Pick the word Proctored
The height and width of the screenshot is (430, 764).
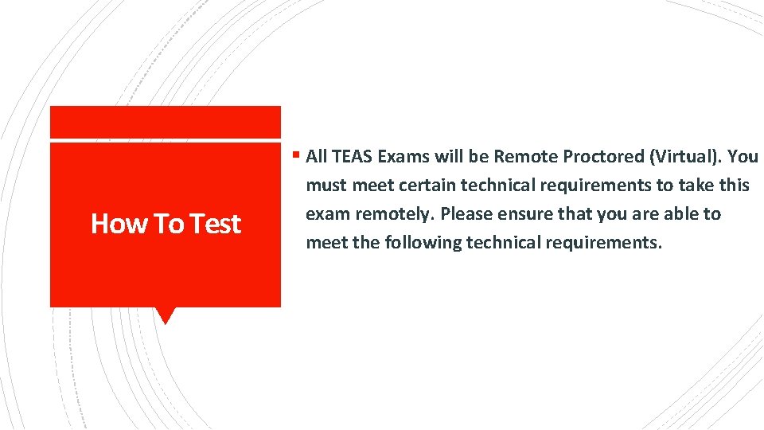[x=602, y=156]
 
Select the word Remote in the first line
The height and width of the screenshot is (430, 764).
[x=528, y=156]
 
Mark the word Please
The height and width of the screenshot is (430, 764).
[x=464, y=213]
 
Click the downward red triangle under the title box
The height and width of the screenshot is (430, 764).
[x=165, y=315]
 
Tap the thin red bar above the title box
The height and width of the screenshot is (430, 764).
[x=165, y=122]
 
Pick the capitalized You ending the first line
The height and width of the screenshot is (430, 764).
[x=743, y=156]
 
